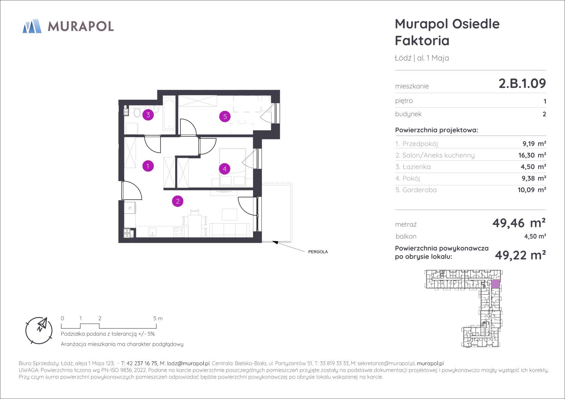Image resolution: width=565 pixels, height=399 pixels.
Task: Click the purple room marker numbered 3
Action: coord(148,115)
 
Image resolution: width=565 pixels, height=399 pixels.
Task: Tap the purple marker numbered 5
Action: coord(225,117)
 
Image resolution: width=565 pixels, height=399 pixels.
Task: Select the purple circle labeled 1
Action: coord(148,166)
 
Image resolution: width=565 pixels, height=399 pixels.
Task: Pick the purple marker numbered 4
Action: coord(225,169)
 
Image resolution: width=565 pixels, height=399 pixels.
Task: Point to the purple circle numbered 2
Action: coord(178,201)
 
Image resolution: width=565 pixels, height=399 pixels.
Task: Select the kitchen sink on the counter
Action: coord(152,232)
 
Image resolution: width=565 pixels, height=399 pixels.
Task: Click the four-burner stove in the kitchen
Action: coord(179,232)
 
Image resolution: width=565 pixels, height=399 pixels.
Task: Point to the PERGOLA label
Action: coord(318,252)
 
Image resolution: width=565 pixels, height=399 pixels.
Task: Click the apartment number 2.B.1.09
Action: coord(522,83)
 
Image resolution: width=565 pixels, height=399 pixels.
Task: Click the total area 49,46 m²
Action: coord(519,223)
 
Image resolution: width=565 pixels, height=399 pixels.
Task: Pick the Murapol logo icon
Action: coord(32,26)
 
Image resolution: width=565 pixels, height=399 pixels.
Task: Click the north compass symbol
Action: coord(39,330)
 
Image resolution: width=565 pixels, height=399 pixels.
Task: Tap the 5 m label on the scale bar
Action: coord(158,318)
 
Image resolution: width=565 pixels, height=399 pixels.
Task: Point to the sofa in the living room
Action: coord(230,230)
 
